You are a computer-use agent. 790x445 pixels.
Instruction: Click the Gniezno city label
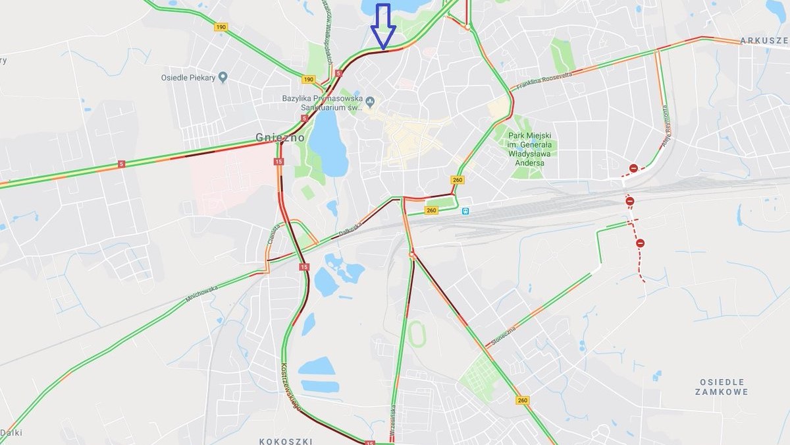[280, 138]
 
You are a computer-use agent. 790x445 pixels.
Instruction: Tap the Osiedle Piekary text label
[188, 78]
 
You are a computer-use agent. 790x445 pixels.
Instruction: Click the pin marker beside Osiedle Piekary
[223, 77]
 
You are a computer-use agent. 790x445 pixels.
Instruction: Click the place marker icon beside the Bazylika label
[370, 102]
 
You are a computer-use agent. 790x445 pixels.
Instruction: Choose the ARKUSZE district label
[764, 41]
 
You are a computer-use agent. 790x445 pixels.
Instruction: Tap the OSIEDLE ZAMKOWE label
[722, 387]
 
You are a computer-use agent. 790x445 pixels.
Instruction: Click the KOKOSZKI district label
[286, 440]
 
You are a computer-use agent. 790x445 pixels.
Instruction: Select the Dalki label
[11, 432]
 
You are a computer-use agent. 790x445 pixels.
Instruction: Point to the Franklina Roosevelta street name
[544, 81]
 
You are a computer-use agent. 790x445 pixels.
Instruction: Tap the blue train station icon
[465, 211]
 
